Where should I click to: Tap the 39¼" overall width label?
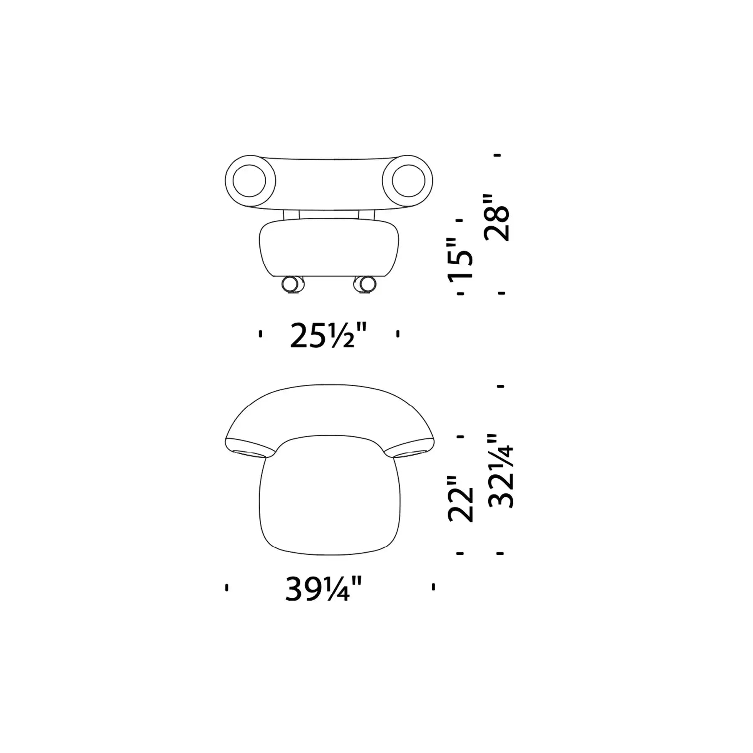pos(323,589)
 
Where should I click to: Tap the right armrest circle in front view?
pos(408,181)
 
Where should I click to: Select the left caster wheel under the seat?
pos(293,284)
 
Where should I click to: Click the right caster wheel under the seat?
pos(365,284)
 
